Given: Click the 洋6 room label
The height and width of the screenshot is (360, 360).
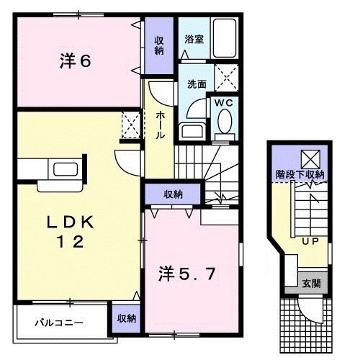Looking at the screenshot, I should tap(75, 61).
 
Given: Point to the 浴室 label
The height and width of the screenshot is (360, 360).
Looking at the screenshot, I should tap(193, 40).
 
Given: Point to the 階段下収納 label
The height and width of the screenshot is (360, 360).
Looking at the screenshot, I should tap(300, 175).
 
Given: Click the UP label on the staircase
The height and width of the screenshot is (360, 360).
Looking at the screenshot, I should tap(310, 241).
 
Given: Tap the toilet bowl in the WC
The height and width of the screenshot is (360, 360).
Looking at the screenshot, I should tap(222, 127).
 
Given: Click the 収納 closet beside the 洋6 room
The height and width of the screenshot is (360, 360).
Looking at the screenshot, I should tap(158, 46).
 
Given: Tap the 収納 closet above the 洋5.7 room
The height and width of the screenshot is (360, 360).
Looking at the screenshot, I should tap(172, 194).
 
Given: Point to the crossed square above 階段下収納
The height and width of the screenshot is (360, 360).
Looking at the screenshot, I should tap(310, 157).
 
